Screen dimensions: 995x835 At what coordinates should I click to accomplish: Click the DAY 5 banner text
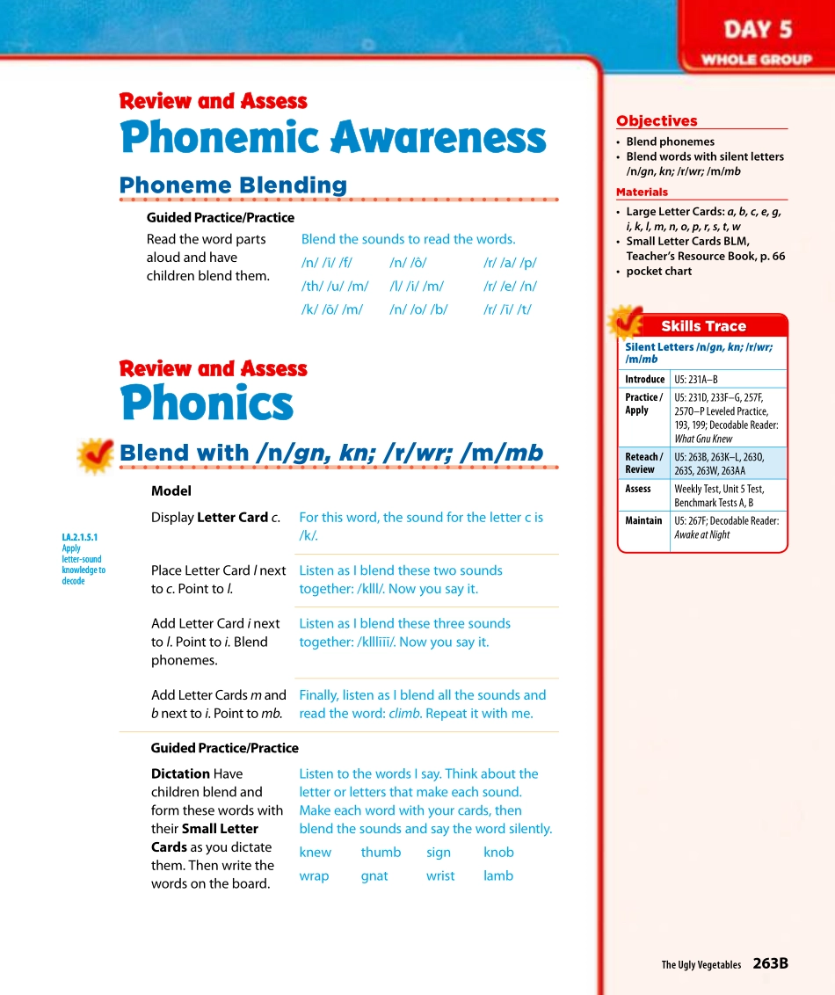pyautogui.click(x=758, y=30)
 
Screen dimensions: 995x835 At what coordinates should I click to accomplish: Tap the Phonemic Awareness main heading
pyautogui.click(x=332, y=138)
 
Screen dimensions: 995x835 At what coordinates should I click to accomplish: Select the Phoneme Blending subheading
pyautogui.click(x=233, y=185)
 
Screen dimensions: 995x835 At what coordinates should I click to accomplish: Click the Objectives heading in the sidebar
pyautogui.click(x=657, y=121)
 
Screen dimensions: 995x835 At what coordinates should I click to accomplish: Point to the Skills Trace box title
pyautogui.click(x=703, y=326)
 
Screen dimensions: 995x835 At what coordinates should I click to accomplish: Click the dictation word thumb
pyautogui.click(x=381, y=853)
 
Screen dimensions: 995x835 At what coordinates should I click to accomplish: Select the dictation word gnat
pyautogui.click(x=374, y=876)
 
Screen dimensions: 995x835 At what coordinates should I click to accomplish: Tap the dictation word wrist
pyautogui.click(x=440, y=876)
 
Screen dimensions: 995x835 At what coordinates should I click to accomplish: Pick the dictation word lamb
pyautogui.click(x=498, y=876)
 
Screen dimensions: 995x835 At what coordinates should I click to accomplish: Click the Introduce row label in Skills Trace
pyautogui.click(x=644, y=380)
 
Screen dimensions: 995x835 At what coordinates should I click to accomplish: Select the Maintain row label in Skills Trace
pyautogui.click(x=643, y=521)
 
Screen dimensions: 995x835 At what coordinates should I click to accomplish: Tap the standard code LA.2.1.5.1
pyautogui.click(x=80, y=537)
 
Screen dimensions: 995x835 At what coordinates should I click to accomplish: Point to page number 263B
pyautogui.click(x=770, y=963)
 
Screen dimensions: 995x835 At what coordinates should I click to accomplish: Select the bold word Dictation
pyautogui.click(x=180, y=774)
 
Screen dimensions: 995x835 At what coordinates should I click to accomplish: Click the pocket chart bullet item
pyautogui.click(x=658, y=272)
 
